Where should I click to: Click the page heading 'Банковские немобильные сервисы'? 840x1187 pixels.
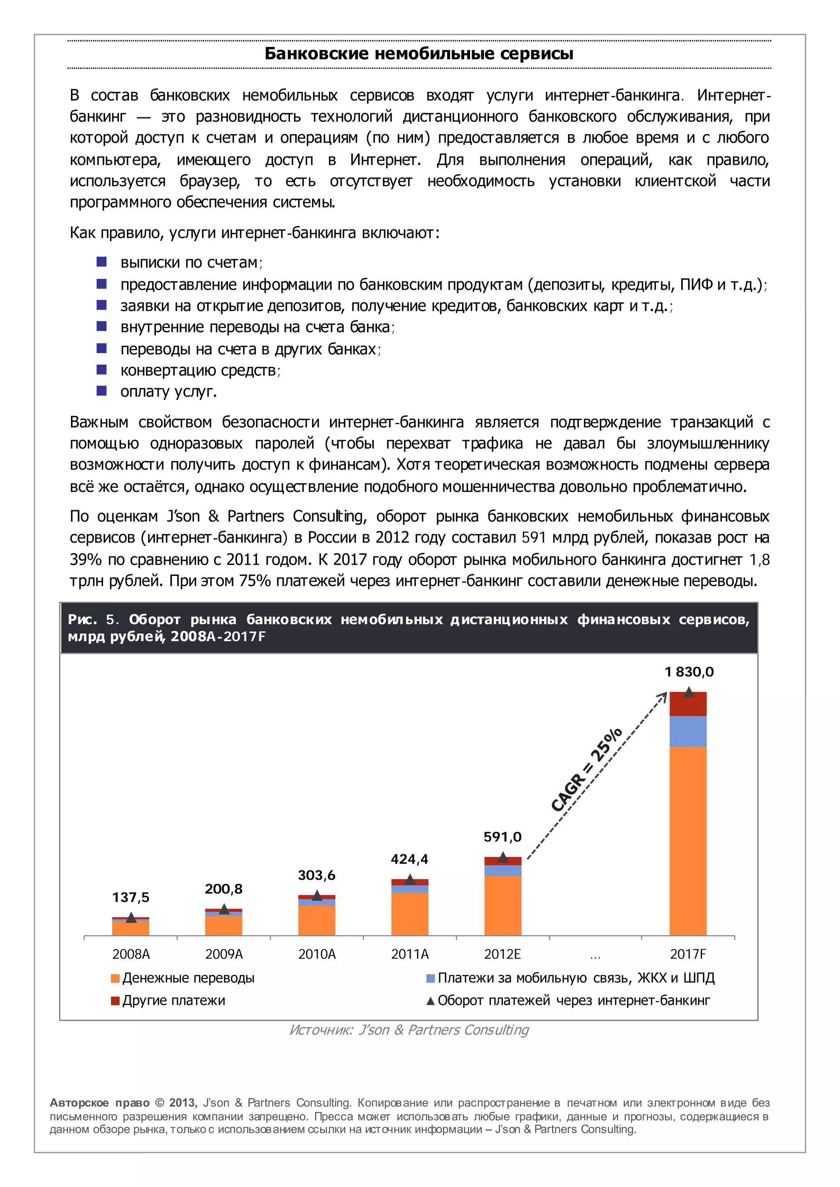(x=419, y=54)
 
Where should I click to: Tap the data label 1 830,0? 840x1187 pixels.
(x=689, y=672)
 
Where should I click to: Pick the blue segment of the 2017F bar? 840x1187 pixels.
(x=688, y=731)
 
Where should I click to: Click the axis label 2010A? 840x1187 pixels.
(x=317, y=954)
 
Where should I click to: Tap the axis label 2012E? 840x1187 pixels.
(x=502, y=954)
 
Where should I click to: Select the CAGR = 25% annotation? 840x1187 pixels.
(x=587, y=769)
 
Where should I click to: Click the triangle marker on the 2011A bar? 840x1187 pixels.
(x=410, y=879)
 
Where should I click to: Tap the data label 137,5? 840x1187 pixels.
(x=131, y=897)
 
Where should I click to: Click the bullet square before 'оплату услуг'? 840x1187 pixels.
(x=102, y=390)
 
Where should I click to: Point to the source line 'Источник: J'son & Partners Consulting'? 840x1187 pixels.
(x=409, y=1030)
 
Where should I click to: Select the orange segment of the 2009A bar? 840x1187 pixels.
(x=224, y=926)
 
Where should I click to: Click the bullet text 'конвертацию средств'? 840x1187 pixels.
(x=200, y=370)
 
